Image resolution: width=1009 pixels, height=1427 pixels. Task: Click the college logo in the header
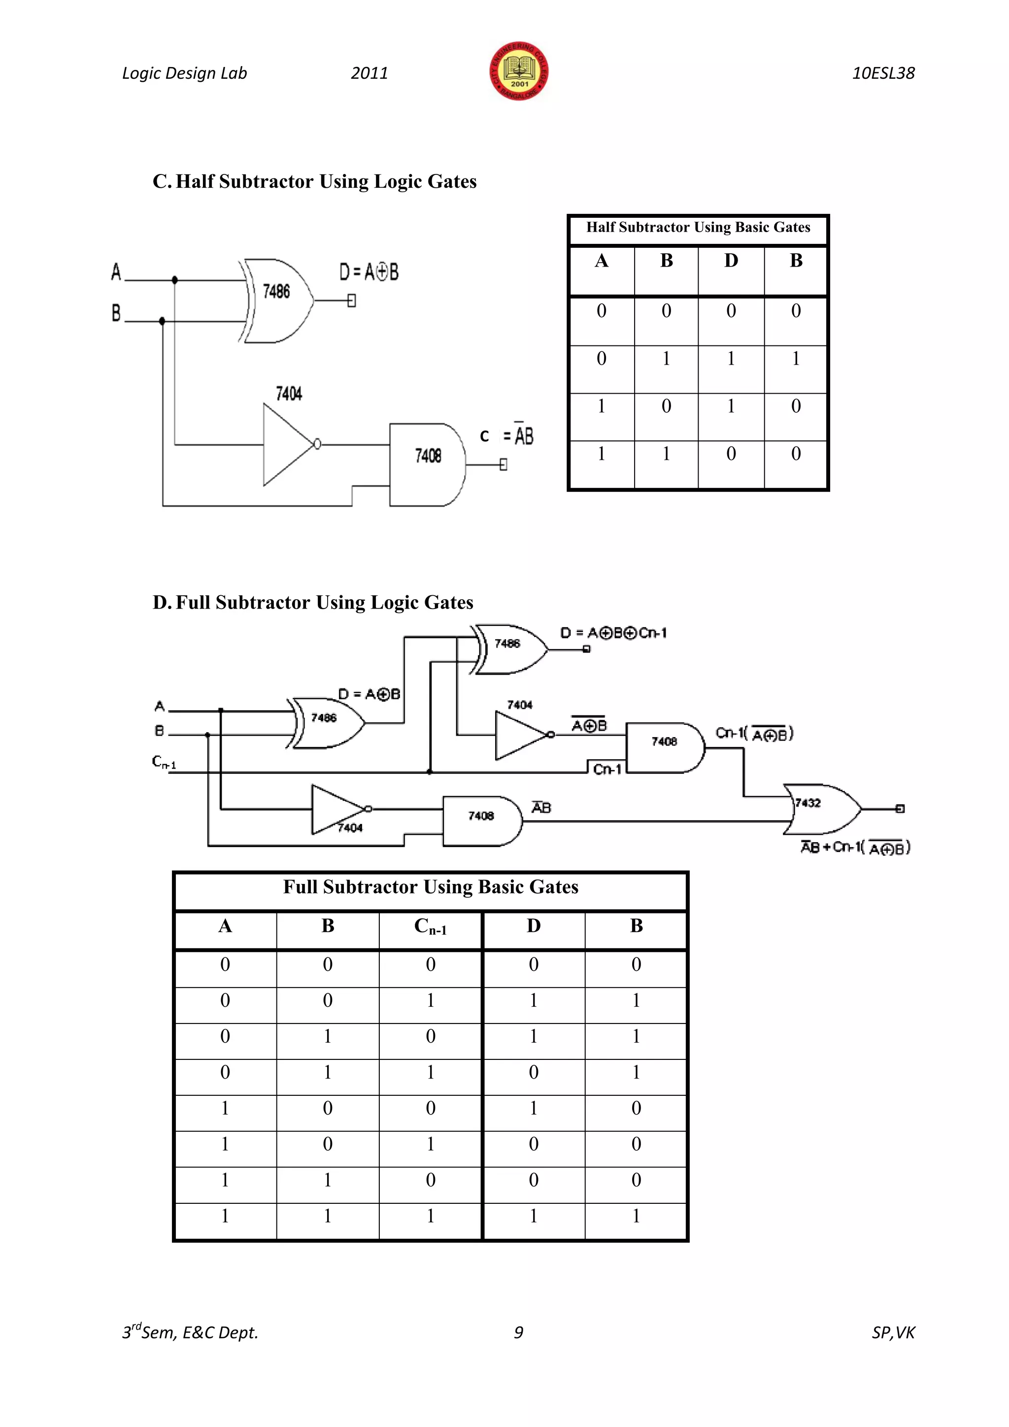click(519, 71)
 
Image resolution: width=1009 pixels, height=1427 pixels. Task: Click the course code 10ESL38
click(883, 73)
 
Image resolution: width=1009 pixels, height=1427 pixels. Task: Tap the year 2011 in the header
click(369, 73)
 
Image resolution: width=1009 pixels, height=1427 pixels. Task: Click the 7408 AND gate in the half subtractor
click(428, 464)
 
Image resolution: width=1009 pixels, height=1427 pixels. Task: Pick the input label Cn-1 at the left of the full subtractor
click(164, 762)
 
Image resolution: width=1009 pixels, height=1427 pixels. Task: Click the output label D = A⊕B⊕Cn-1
click(613, 633)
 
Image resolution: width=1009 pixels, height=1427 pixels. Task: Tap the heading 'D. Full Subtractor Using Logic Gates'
click(313, 602)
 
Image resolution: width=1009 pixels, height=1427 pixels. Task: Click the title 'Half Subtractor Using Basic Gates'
click(698, 228)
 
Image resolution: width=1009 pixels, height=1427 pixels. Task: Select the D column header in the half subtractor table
click(731, 261)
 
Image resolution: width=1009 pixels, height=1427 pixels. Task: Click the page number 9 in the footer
click(518, 1332)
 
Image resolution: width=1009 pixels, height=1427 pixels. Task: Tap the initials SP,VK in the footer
click(893, 1332)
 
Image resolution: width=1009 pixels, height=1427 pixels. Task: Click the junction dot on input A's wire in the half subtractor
click(174, 280)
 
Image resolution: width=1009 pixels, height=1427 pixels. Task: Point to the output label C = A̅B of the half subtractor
click(506, 436)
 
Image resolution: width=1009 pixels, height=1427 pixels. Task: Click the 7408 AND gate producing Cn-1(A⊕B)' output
click(665, 747)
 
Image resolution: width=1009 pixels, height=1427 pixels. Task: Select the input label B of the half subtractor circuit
click(116, 312)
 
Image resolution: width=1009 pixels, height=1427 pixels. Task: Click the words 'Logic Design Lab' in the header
click(185, 73)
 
